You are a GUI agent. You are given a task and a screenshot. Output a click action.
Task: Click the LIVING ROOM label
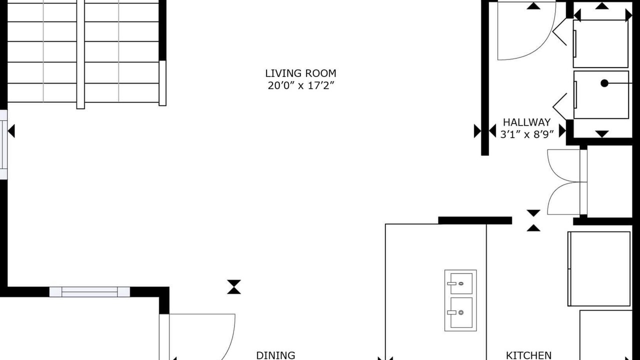300,73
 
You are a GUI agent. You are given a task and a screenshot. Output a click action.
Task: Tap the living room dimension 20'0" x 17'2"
300,85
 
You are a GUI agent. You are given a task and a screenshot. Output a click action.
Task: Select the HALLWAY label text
526,122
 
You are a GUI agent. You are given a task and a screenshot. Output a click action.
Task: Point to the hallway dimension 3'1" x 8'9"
527,134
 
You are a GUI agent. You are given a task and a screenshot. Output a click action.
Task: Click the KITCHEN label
528,355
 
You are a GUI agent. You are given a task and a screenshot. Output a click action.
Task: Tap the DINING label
275,355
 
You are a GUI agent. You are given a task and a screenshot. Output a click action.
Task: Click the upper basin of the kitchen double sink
461,283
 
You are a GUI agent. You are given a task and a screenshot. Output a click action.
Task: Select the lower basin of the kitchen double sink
461,312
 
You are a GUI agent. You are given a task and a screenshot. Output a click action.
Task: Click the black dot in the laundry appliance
604,83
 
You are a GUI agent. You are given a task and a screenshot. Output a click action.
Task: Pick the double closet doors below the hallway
567,182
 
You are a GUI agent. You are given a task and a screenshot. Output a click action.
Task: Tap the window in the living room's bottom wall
89,292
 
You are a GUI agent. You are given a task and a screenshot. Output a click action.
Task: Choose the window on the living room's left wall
3,144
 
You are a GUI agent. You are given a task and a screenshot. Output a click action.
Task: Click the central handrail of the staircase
80,54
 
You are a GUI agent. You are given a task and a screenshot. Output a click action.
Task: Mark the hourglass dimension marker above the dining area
234,287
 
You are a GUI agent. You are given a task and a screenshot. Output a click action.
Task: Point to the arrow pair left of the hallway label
485,131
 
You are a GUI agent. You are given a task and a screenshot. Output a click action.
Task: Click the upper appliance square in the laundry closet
600,43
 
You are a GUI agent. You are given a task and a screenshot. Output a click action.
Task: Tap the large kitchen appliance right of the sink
599,269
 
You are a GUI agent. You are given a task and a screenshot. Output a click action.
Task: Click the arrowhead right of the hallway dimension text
562,131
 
